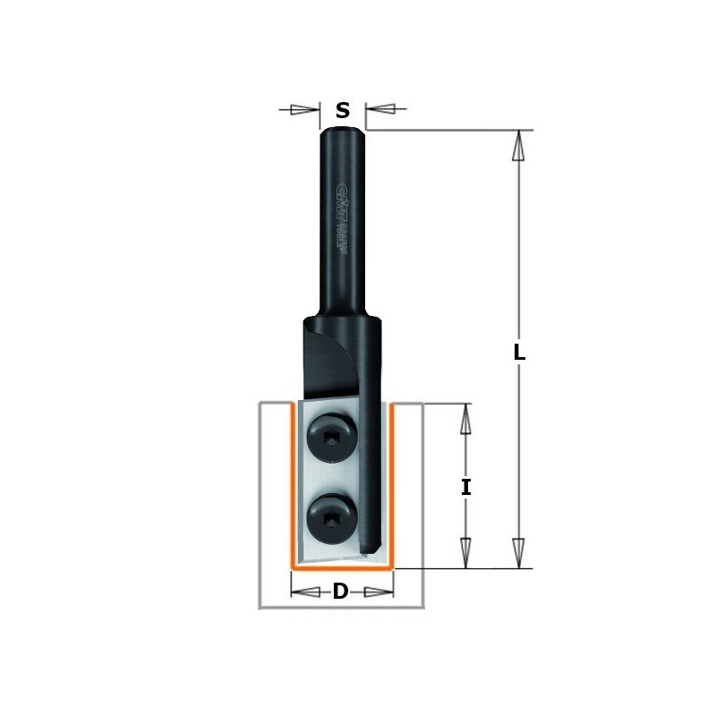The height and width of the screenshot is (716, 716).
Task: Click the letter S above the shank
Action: [342, 111]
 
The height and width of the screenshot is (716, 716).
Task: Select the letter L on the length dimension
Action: [519, 353]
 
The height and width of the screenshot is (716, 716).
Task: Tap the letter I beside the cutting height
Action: [465, 488]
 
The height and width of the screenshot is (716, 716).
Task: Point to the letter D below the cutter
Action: [341, 592]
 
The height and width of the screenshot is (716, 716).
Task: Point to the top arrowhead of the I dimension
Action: [465, 419]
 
